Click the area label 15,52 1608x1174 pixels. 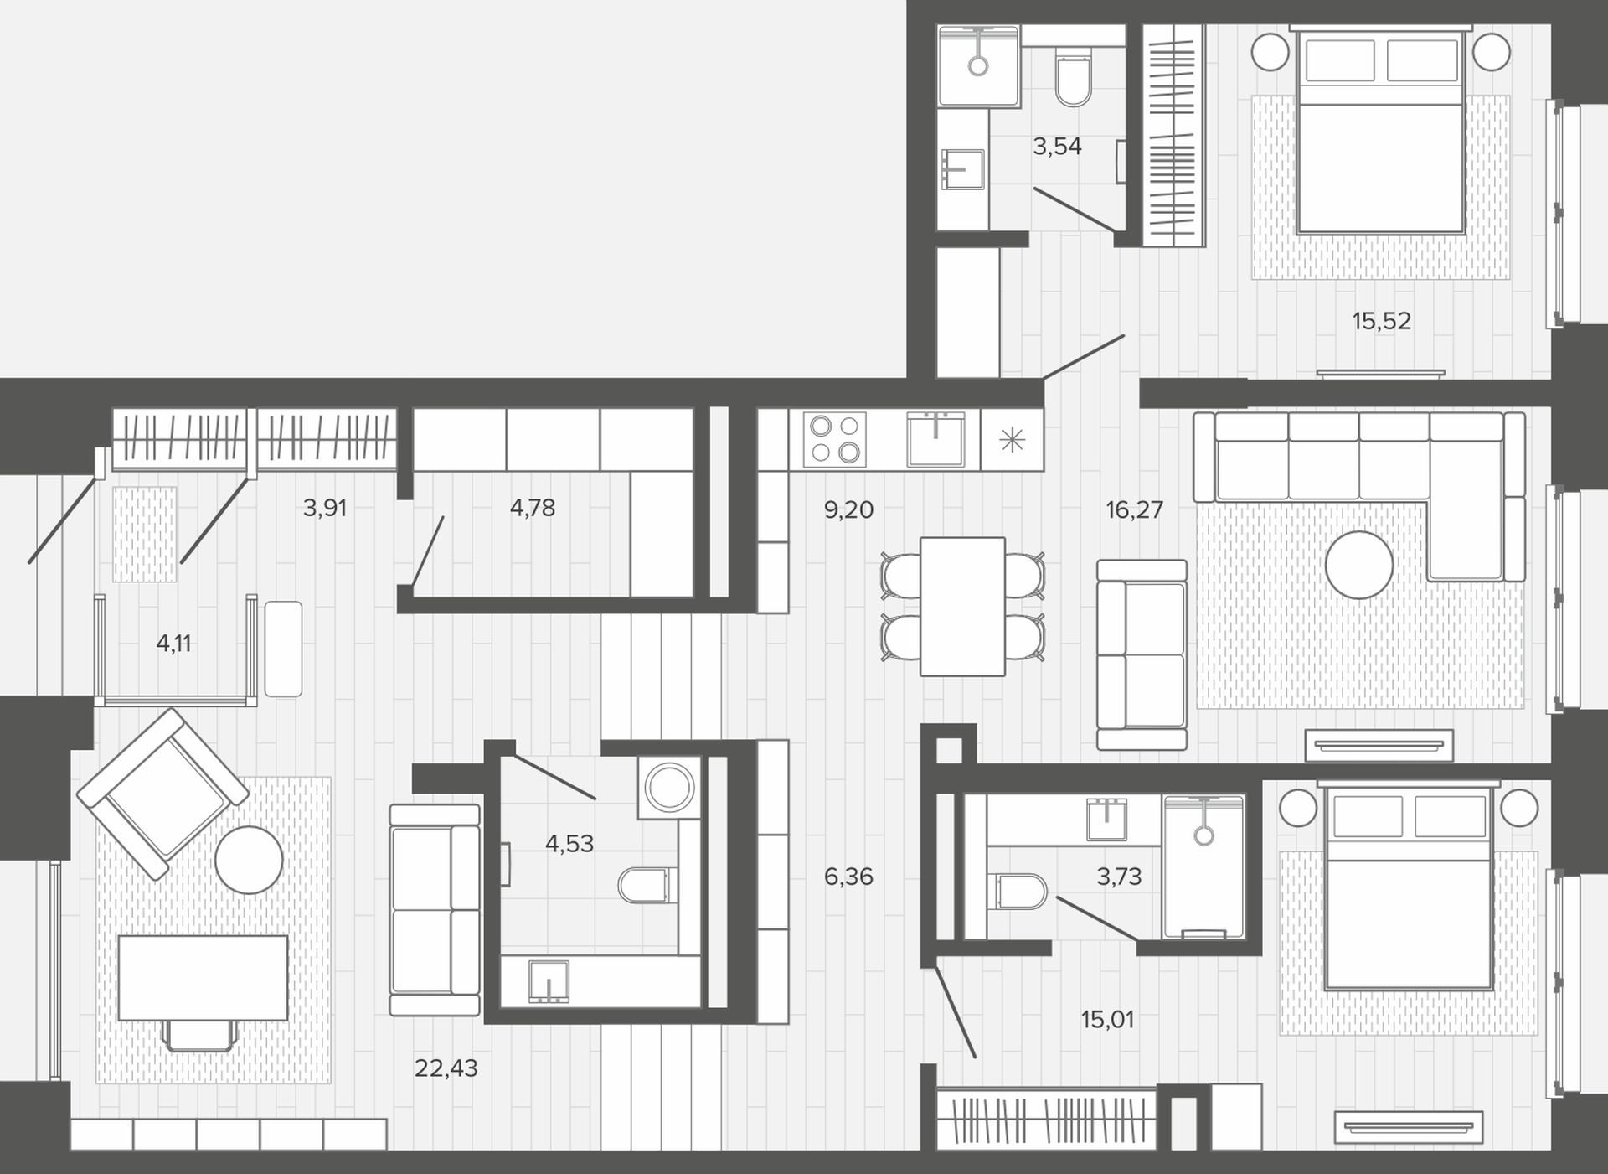(1381, 321)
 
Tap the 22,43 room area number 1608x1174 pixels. (446, 1068)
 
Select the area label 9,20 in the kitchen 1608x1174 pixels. (848, 509)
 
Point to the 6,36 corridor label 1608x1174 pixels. (848, 877)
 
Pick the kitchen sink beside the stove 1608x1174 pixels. (935, 438)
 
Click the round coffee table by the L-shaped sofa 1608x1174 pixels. (1358, 565)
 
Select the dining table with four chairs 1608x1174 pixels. (962, 607)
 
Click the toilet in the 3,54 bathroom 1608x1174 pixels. (1073, 79)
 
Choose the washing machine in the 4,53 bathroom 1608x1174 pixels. (668, 788)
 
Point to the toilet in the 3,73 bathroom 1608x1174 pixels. (1018, 892)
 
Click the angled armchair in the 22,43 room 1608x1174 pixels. (162, 794)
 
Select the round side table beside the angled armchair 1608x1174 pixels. (249, 860)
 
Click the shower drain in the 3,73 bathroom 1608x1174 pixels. (1204, 835)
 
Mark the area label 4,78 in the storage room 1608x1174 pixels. (533, 508)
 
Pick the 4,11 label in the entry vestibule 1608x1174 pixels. (174, 644)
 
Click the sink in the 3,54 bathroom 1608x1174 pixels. (962, 171)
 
